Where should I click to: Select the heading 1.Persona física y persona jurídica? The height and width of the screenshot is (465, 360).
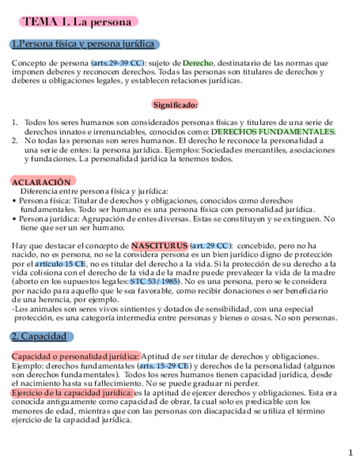(85, 44)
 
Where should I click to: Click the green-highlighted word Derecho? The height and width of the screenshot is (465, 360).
(198, 63)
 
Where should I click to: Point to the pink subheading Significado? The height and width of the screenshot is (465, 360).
(175, 104)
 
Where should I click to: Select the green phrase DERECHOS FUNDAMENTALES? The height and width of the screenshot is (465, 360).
(273, 132)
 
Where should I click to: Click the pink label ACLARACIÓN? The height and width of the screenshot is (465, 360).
(41, 182)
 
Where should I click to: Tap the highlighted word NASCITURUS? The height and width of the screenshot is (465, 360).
(159, 245)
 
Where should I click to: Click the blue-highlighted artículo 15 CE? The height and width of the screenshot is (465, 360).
(64, 264)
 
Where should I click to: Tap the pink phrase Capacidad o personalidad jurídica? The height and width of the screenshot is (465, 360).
(76, 356)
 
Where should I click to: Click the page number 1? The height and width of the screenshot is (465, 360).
(351, 452)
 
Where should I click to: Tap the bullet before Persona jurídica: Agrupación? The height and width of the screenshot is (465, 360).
(14, 219)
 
